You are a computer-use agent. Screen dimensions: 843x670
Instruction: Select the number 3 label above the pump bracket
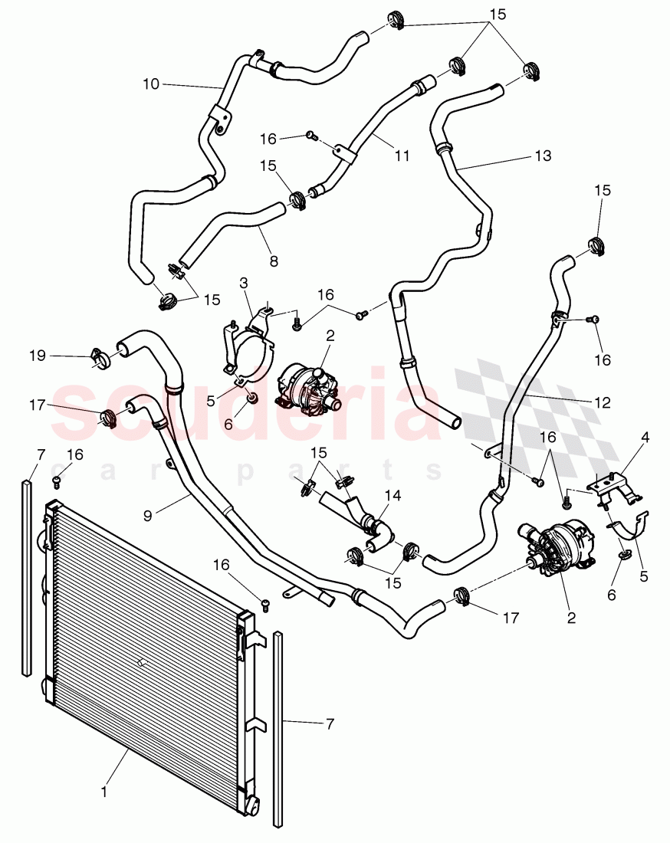tap(243, 283)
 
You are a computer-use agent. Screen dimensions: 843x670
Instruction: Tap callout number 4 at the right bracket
tap(645, 438)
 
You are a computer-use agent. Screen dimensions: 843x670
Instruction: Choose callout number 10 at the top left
tap(151, 84)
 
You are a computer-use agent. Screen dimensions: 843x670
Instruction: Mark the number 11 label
tap(402, 156)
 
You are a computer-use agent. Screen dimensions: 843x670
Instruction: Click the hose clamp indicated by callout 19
tap(99, 356)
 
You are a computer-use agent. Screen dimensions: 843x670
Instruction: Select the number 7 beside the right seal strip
tap(330, 723)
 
